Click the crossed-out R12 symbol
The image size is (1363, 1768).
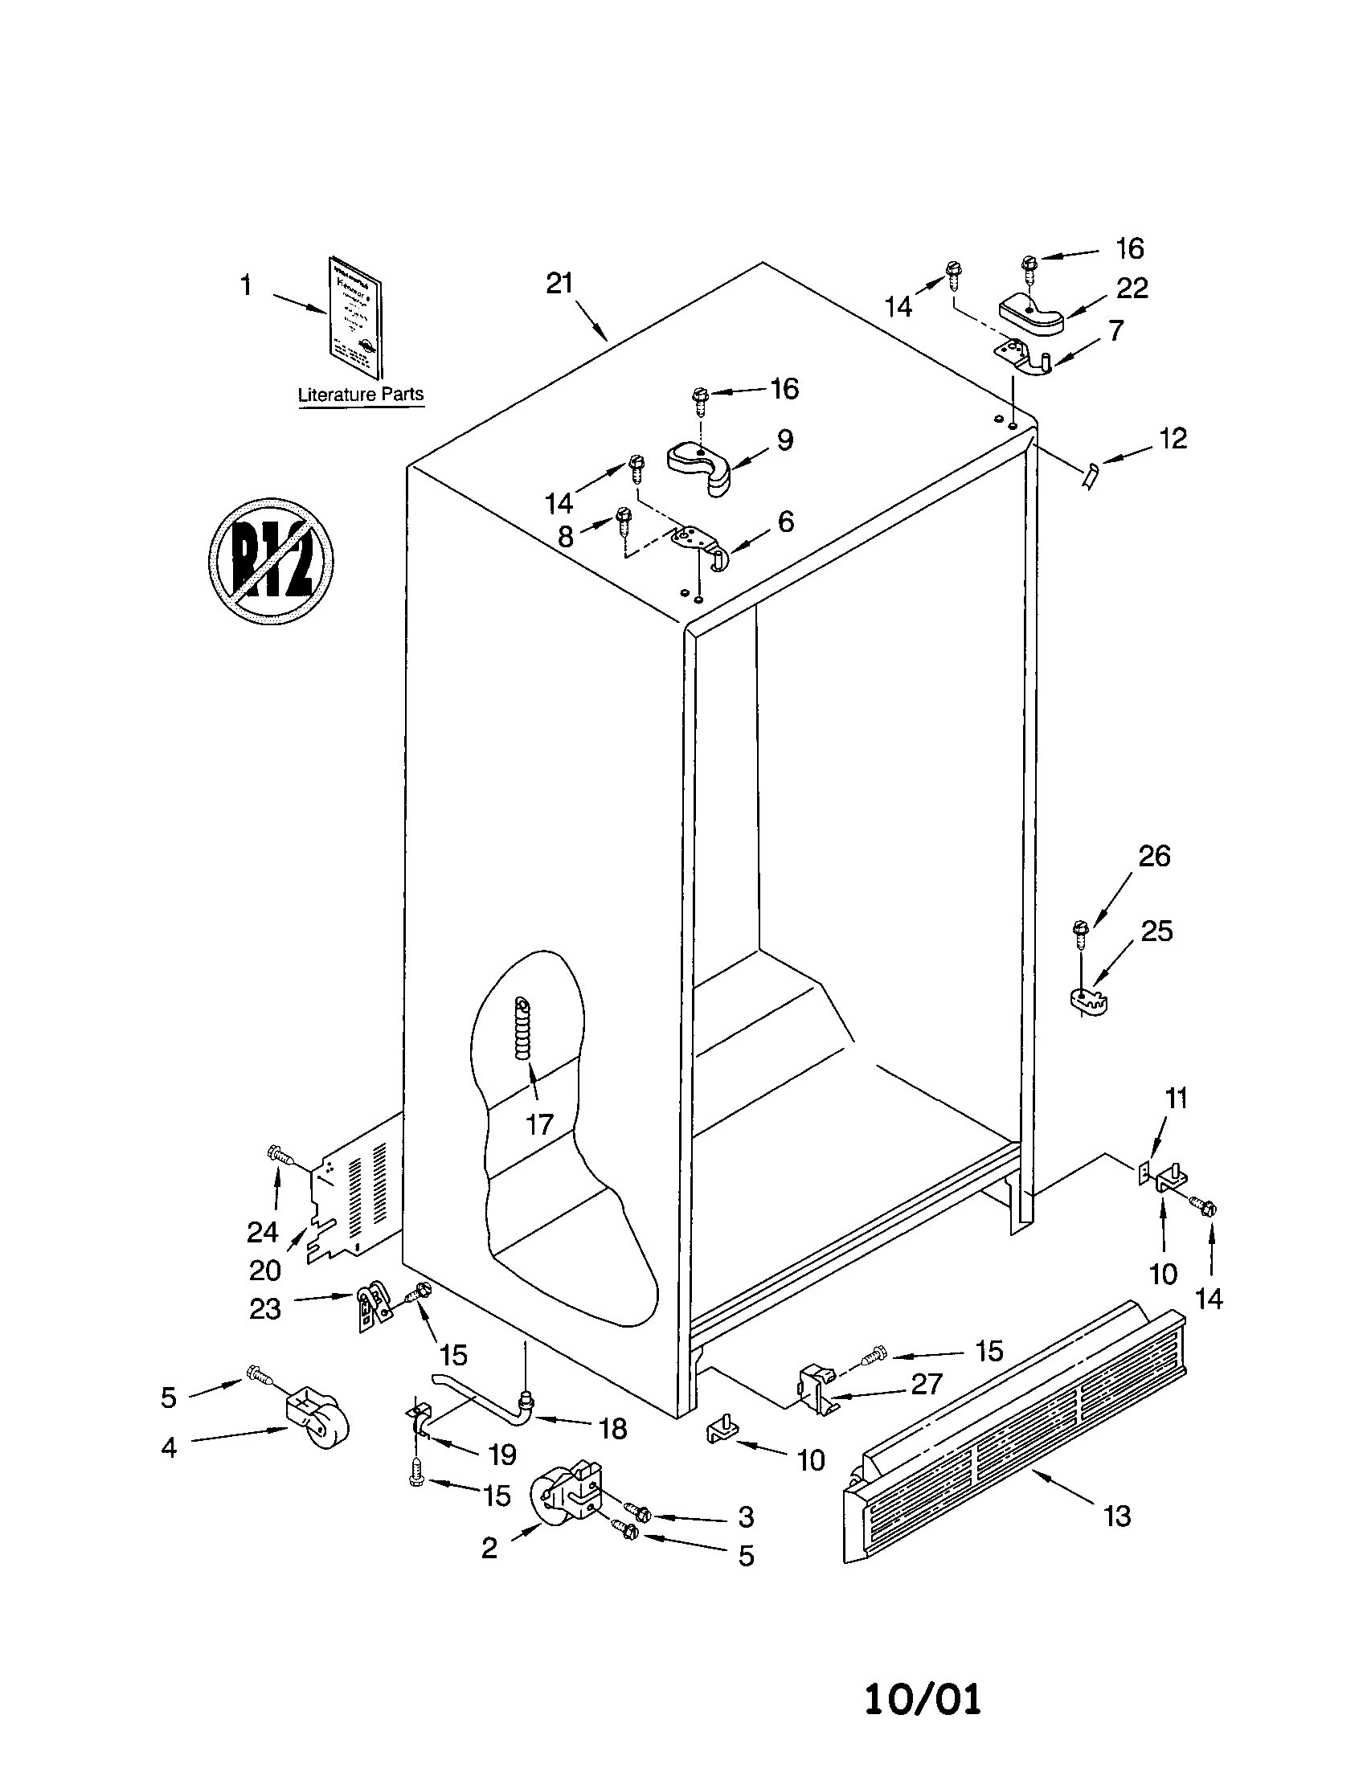pyautogui.click(x=272, y=560)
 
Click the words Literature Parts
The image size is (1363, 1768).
pyautogui.click(x=360, y=395)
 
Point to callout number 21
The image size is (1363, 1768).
pyautogui.click(x=559, y=284)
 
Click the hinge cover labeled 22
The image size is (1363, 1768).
pyautogui.click(x=1030, y=313)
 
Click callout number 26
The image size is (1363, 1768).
pyautogui.click(x=1154, y=857)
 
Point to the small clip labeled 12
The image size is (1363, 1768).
pyautogui.click(x=1091, y=476)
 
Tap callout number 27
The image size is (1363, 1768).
pyautogui.click(x=926, y=1385)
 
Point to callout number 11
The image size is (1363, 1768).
pyautogui.click(x=1176, y=1099)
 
